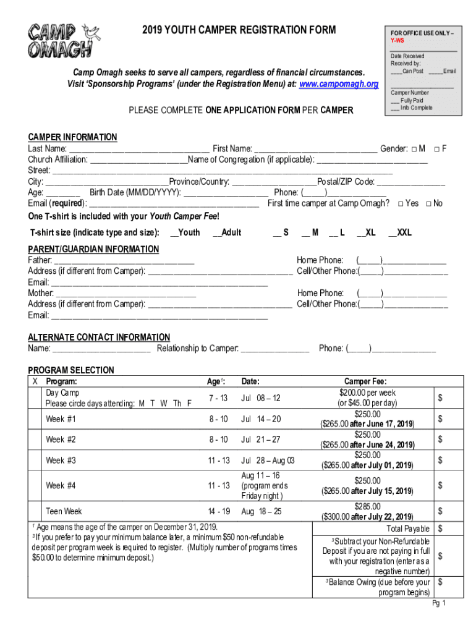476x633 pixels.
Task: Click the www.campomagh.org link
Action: (338, 84)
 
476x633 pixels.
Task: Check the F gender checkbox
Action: (436, 148)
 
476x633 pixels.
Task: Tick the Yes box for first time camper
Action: (402, 203)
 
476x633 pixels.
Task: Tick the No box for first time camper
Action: (429, 203)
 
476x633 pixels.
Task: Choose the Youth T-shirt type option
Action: (185, 232)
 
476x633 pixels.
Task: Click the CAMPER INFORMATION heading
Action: (72, 137)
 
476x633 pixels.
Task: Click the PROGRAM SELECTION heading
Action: (71, 370)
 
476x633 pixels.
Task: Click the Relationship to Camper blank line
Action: (274, 349)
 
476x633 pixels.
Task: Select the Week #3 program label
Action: (61, 461)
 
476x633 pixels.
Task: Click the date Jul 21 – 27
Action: (261, 440)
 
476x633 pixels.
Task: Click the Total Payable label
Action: (408, 529)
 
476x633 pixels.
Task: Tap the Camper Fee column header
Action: (370, 382)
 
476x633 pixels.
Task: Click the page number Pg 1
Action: (439, 603)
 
